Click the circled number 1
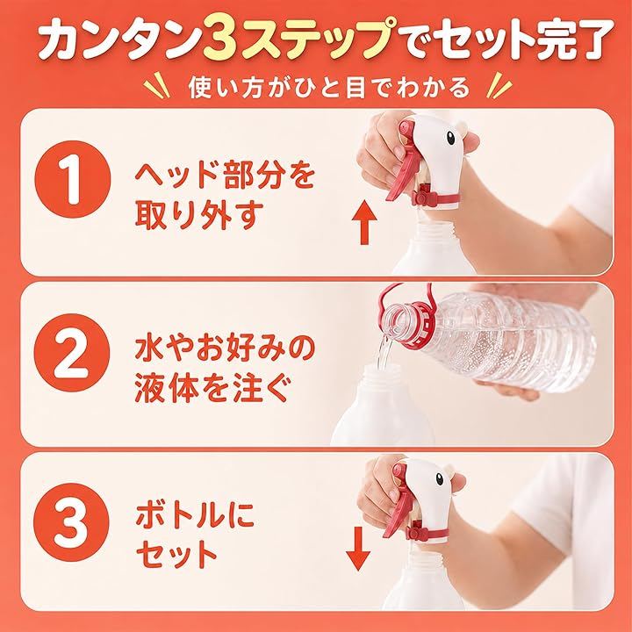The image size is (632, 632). point(73,179)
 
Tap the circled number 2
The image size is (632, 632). point(72,352)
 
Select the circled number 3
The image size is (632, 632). point(72,522)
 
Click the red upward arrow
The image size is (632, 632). point(365,222)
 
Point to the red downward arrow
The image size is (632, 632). point(358,548)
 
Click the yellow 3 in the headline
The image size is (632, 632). point(220,41)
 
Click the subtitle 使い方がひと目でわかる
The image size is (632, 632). point(329,88)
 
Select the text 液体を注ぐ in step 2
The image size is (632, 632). point(212,388)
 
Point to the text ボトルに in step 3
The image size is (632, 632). point(195,516)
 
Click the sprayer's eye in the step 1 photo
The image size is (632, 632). point(450,139)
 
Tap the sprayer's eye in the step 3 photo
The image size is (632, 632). point(440,479)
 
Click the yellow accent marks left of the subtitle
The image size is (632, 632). point(156,85)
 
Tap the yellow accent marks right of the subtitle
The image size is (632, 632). point(499,85)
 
